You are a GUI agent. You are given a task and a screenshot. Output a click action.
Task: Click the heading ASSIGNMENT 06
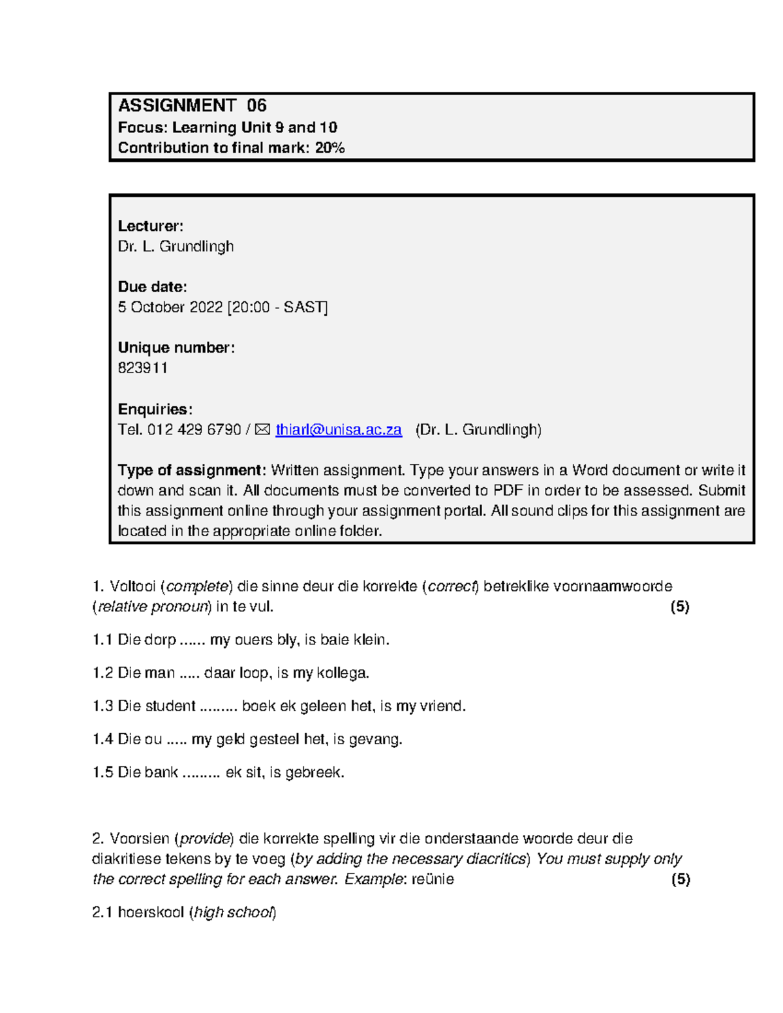point(192,106)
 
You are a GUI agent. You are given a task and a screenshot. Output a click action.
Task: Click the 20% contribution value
point(330,148)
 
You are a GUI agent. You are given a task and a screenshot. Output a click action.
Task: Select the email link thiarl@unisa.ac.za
point(338,430)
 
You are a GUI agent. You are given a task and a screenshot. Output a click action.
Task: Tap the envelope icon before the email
point(262,430)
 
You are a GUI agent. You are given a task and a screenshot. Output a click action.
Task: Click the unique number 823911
point(143,368)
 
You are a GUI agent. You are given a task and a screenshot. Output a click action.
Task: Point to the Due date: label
point(152,287)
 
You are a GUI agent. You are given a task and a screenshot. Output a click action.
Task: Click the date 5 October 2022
point(170,307)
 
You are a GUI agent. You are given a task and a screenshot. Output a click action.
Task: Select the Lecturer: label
point(150,226)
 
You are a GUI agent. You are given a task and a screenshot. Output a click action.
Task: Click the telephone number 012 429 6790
point(194,430)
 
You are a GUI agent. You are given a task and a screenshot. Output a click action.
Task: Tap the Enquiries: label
point(155,410)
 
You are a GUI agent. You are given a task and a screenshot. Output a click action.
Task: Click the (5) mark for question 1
point(680,607)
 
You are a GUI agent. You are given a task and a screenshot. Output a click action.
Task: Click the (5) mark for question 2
point(680,879)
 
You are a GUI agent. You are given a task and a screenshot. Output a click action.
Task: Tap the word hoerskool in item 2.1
point(151,913)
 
